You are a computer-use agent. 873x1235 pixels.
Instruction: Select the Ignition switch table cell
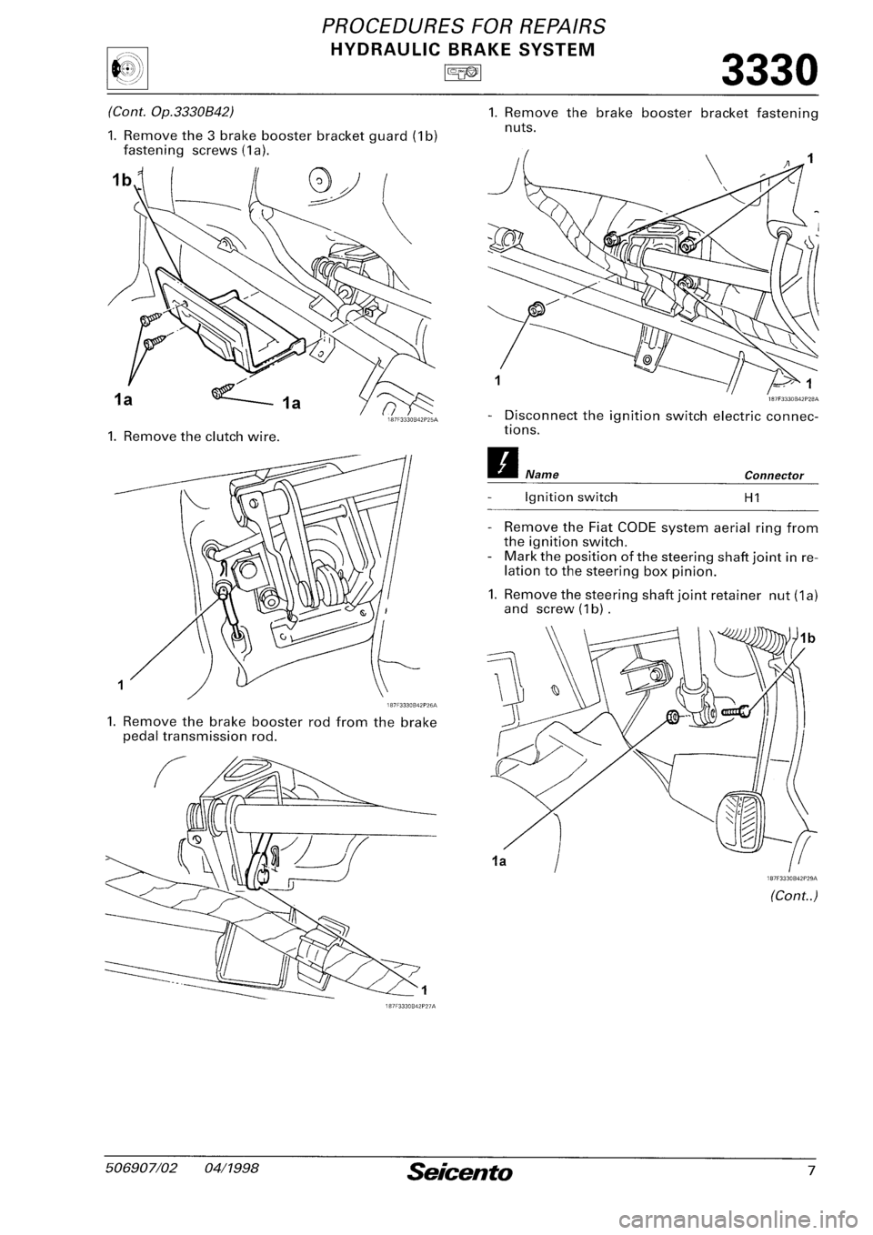[x=570, y=497]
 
